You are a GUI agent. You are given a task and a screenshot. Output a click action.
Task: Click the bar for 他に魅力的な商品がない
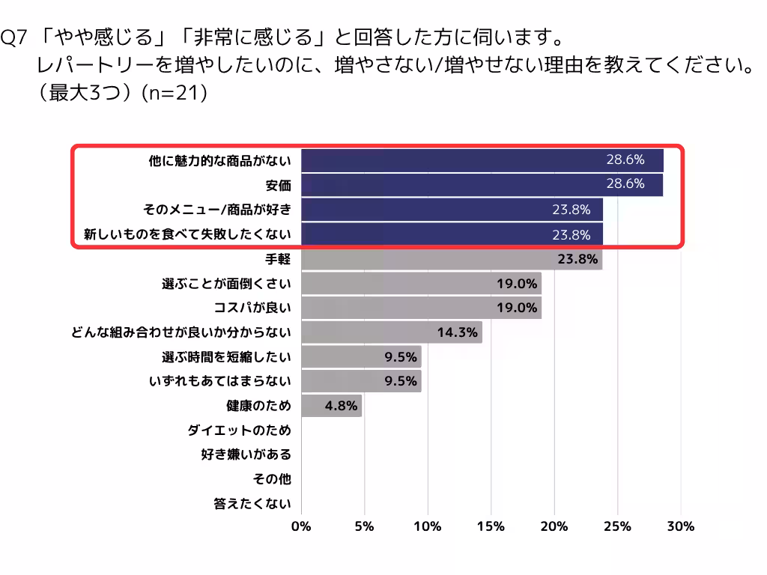tap(482, 160)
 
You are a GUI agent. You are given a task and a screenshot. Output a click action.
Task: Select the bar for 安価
tap(482, 184)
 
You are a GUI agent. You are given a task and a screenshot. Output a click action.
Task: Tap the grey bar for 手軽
tap(452, 259)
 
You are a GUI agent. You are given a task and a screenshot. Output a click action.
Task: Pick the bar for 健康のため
tap(331, 406)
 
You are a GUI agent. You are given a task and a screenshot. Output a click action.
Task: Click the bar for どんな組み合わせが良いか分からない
tap(391, 332)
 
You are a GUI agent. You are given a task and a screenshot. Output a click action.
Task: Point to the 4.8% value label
tap(341, 406)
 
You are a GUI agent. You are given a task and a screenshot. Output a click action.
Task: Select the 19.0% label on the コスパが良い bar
tap(517, 308)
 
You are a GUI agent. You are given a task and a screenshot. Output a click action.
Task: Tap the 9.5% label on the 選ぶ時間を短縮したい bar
tap(400, 356)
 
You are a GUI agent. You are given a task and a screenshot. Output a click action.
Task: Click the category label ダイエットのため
tap(239, 431)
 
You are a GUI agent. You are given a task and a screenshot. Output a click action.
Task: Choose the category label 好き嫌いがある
tap(246, 454)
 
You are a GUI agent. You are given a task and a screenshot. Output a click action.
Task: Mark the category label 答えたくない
tap(252, 504)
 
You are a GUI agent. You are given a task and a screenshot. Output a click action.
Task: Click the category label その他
tap(272, 479)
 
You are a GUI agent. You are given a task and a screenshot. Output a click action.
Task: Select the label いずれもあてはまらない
tap(219, 381)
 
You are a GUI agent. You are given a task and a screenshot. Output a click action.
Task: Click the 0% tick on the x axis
tap(301, 526)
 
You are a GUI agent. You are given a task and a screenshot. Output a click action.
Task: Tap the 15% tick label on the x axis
tap(491, 526)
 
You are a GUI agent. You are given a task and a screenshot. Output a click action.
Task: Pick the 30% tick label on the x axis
tap(681, 526)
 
